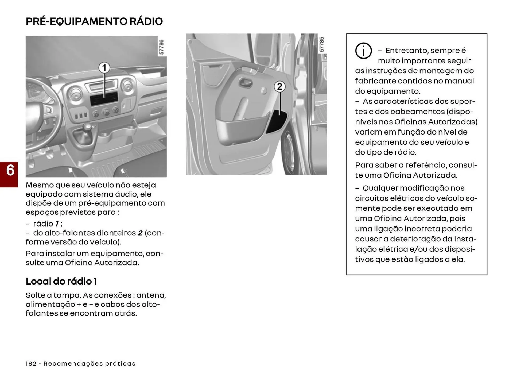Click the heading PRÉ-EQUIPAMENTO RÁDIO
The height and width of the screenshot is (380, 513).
pos(94,21)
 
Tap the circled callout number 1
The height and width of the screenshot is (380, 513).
pos(104,68)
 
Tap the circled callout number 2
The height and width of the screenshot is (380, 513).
pos(279,87)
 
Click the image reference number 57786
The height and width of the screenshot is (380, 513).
pos(161,47)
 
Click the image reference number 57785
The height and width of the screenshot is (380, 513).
pos(322,44)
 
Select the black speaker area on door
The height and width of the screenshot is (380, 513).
pos(277,122)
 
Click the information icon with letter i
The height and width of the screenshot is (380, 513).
pos(363,51)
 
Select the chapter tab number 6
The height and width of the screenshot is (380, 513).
pos(10,170)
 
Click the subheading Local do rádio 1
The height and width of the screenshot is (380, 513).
pos(61,281)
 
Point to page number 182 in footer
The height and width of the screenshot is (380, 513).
pos(31,364)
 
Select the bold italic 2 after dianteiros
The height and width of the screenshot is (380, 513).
pos(140,233)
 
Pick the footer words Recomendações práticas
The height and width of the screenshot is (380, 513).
pos(90,364)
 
